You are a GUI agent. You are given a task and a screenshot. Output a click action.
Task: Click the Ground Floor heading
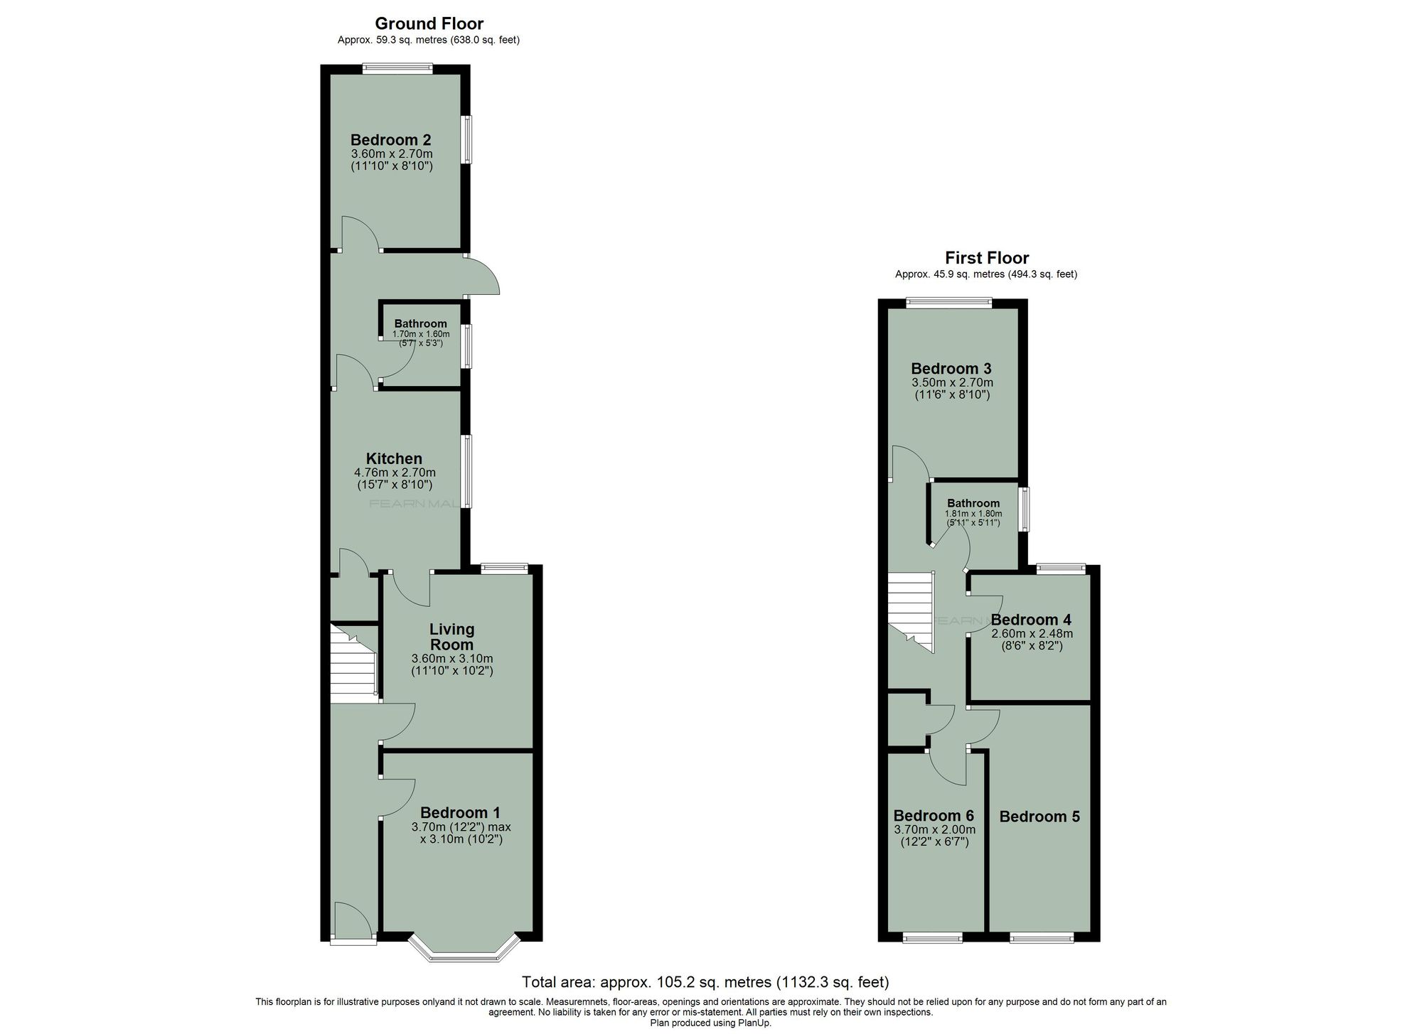click(x=429, y=23)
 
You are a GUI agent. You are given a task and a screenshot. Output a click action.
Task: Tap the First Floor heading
click(x=987, y=258)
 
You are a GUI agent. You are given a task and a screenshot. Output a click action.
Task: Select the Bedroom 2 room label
click(x=391, y=140)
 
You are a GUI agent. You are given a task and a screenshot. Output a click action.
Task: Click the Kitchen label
click(x=394, y=458)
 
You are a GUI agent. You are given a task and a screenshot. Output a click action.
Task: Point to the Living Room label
click(x=451, y=637)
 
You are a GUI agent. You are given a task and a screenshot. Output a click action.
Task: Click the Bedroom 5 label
click(x=1039, y=817)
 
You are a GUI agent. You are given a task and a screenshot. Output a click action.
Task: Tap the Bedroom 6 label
click(x=934, y=815)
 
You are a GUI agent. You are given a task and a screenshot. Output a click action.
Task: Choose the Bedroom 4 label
click(x=1031, y=620)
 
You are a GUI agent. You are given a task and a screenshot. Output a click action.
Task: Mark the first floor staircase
click(x=911, y=612)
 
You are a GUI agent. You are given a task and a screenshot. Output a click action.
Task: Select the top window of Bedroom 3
click(x=948, y=303)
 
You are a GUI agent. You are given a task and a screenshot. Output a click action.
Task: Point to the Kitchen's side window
click(x=467, y=470)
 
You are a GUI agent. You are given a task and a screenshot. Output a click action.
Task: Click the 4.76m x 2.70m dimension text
click(x=395, y=473)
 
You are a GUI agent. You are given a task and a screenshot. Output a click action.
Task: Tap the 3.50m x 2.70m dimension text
click(x=952, y=382)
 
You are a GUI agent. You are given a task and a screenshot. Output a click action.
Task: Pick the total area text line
click(x=705, y=982)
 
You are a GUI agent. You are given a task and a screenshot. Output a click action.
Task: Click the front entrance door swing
click(x=353, y=921)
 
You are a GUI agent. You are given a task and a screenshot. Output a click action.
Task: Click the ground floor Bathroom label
click(x=421, y=324)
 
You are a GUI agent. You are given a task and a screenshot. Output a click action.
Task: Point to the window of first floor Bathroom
click(x=1023, y=509)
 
